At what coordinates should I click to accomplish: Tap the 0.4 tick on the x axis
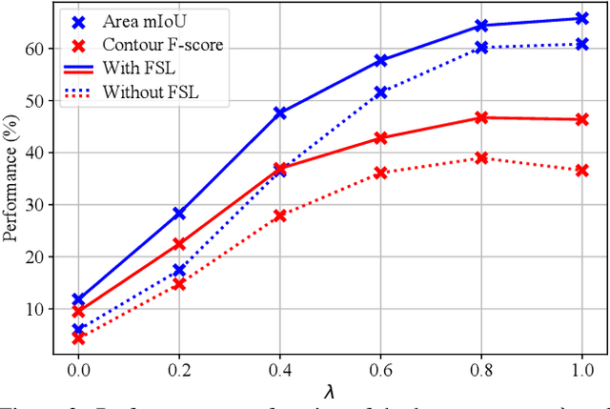click(x=280, y=369)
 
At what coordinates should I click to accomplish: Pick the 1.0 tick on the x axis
click(x=583, y=369)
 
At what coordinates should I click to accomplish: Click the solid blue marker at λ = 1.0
click(x=583, y=18)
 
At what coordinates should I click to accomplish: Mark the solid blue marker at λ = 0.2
click(x=179, y=214)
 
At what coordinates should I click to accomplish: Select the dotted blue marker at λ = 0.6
click(x=381, y=92)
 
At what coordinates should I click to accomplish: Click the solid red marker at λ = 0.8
click(x=482, y=117)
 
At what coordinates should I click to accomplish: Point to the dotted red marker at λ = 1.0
click(x=583, y=170)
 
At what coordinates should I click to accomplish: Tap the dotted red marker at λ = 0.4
click(x=280, y=215)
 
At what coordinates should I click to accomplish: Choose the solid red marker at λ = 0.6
click(x=381, y=137)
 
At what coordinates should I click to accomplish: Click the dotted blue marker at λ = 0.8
click(x=482, y=48)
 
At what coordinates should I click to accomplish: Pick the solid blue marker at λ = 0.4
click(x=280, y=112)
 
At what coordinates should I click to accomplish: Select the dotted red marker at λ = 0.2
click(x=179, y=284)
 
